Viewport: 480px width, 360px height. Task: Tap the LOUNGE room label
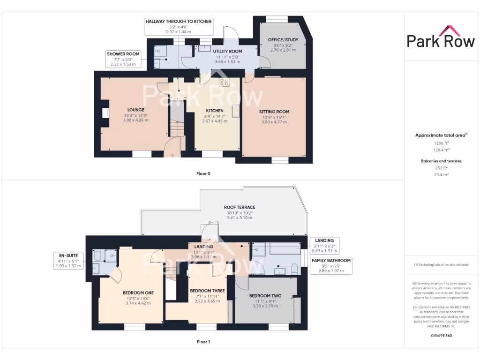tap(136, 110)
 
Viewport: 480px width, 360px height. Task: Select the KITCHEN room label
tap(214, 111)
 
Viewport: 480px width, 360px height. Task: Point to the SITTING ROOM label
tap(274, 112)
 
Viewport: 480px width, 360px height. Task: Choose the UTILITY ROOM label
tap(228, 51)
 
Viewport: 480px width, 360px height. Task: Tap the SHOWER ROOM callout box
tap(123, 59)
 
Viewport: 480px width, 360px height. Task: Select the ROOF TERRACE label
tap(239, 207)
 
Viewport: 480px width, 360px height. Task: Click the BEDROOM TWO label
tap(265, 296)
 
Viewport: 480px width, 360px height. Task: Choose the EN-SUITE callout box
tap(68, 260)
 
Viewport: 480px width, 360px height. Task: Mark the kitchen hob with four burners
tap(225, 82)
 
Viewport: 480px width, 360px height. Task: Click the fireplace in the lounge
tap(105, 113)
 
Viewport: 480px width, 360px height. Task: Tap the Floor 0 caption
tap(203, 173)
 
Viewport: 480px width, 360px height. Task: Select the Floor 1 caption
tap(203, 342)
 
